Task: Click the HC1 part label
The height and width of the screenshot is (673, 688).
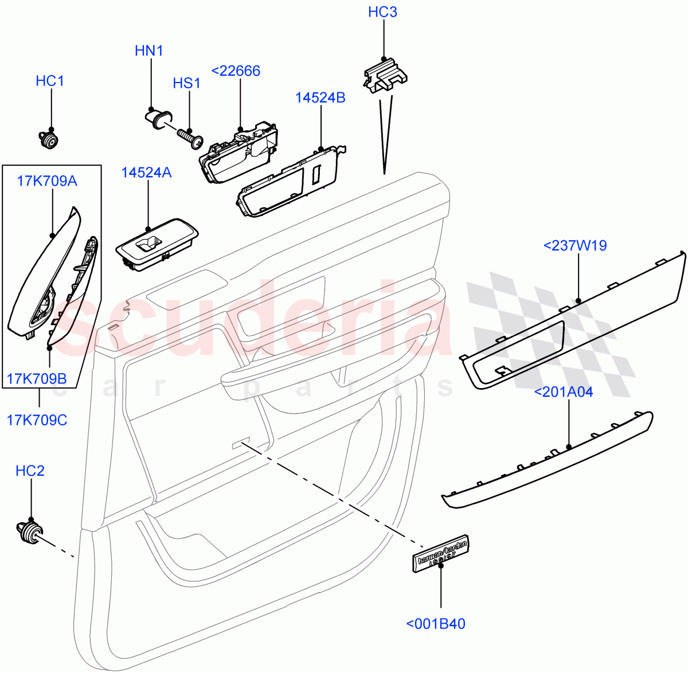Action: (50, 81)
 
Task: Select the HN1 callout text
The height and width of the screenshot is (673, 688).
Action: (149, 50)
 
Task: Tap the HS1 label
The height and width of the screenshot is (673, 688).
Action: (187, 83)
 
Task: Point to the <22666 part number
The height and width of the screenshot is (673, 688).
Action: (236, 71)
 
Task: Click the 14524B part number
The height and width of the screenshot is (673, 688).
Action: (320, 97)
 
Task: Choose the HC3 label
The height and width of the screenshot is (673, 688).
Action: (382, 12)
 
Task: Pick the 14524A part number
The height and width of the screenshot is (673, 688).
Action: (146, 172)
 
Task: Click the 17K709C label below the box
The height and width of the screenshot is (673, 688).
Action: (37, 420)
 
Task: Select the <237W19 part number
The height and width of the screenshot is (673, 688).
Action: (574, 245)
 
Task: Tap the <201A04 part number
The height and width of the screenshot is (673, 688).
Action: (564, 392)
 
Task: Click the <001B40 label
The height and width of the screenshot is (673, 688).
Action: (436, 624)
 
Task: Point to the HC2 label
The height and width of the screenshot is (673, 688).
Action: (30, 471)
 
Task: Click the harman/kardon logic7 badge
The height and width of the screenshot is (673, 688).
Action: (441, 554)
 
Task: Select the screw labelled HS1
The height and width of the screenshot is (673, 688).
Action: (191, 138)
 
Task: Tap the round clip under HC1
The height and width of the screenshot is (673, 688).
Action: (50, 139)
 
